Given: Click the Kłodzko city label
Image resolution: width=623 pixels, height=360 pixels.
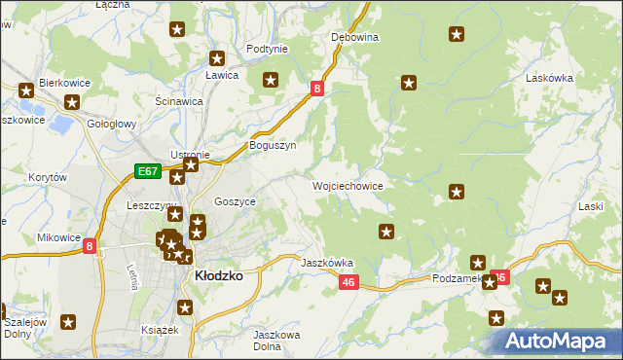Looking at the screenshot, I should pyautogui.click(x=219, y=276).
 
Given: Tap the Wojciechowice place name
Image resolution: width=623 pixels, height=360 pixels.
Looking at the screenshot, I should pyautogui.click(x=348, y=185).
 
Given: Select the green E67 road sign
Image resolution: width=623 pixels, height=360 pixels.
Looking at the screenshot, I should pyautogui.click(x=148, y=171).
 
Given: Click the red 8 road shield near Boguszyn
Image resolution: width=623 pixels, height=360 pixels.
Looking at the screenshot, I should pyautogui.click(x=317, y=90).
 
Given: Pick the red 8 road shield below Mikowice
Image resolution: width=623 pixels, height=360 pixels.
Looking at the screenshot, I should pyautogui.click(x=90, y=246).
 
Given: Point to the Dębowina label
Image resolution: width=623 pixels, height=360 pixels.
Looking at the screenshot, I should pyautogui.click(x=354, y=37).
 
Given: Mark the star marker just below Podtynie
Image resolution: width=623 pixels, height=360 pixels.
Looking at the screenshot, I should pyautogui.click(x=271, y=81).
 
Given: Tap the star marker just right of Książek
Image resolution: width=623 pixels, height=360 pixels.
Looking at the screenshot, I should pyautogui.click(x=185, y=308).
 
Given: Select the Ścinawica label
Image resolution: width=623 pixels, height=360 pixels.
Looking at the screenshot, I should pyautogui.click(x=179, y=100).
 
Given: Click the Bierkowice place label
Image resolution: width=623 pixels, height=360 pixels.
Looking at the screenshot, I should pyautogui.click(x=64, y=84).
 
